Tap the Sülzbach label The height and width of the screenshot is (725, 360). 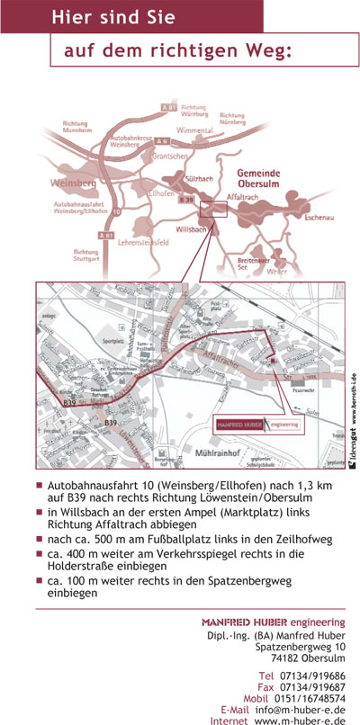coord(198,179)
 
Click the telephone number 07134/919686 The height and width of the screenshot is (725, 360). coord(314,675)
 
